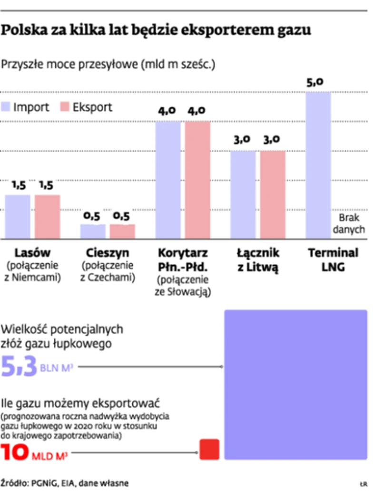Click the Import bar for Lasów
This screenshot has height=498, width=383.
18,217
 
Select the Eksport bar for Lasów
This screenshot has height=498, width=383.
47,217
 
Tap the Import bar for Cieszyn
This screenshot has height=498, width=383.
93,231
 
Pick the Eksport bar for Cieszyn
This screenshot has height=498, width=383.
122,231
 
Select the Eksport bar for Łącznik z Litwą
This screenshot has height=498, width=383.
273,194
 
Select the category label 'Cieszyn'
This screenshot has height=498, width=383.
108,252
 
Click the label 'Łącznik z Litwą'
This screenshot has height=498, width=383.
258,259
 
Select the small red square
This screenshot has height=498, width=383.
209,449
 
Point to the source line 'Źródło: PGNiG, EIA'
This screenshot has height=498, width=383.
65,483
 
